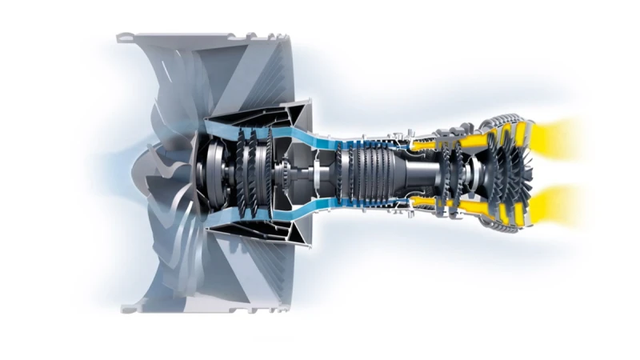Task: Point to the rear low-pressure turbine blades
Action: [512, 170]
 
